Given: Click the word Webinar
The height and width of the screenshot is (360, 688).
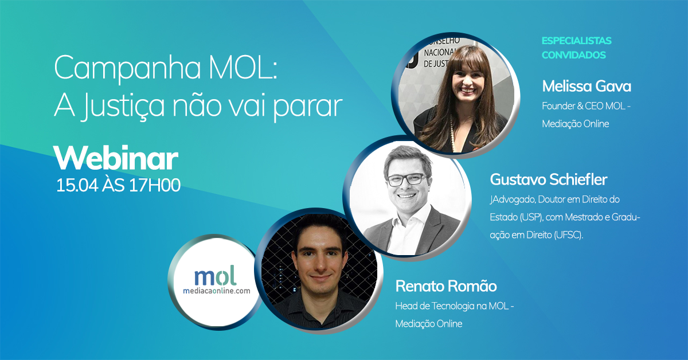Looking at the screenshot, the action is point(116,158).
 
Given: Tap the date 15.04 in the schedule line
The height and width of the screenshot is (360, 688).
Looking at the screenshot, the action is point(77,185).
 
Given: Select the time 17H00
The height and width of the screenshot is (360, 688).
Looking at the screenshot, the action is point(154,185).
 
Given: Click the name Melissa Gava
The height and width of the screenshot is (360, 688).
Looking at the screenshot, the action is point(587,86).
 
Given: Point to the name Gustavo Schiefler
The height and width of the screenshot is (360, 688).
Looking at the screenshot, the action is point(549,179).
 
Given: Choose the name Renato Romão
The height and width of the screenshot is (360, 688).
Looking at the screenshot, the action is point(446,286).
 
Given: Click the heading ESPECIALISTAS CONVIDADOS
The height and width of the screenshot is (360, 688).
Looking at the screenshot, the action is point(577,48).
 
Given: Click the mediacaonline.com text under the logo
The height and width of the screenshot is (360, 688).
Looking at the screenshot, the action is point(217,291).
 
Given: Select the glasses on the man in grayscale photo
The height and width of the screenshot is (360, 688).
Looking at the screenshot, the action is point(406,179).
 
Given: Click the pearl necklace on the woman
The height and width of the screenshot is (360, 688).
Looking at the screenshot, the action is point(452,132).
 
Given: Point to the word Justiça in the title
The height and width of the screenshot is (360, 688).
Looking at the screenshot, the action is point(124,105).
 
